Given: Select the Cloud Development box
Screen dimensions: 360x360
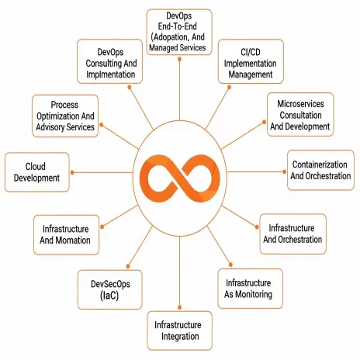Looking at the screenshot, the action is click(x=37, y=172).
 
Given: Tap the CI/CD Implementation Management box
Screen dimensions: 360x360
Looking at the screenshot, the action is click(x=251, y=61).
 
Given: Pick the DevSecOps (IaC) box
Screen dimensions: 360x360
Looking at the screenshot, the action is click(x=109, y=289).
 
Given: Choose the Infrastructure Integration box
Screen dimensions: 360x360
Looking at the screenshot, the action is click(x=180, y=331).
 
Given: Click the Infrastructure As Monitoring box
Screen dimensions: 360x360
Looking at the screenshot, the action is click(x=250, y=289).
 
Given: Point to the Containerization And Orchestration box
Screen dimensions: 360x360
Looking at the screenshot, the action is click(x=320, y=170).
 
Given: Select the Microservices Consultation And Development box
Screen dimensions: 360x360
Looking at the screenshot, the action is click(x=300, y=115).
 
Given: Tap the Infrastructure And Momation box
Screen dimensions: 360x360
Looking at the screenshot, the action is click(x=66, y=235).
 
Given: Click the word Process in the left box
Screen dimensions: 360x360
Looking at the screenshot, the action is click(x=64, y=105).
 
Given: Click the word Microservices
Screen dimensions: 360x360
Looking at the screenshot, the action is click(x=300, y=104).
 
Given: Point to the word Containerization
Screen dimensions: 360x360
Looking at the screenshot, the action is click(x=320, y=164).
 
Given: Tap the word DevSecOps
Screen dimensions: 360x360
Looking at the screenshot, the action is click(x=110, y=284).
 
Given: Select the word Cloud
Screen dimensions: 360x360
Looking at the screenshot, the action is click(x=36, y=166).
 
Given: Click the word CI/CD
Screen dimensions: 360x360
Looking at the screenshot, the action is click(x=251, y=52).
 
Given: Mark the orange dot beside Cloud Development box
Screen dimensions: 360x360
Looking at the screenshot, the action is click(x=72, y=172).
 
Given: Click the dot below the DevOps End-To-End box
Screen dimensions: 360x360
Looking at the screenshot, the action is click(x=179, y=59).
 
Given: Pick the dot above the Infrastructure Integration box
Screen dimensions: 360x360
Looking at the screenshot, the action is click(x=179, y=307).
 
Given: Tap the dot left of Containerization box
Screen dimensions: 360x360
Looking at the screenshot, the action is click(x=284, y=171).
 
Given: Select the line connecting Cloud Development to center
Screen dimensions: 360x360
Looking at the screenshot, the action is click(x=102, y=172).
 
